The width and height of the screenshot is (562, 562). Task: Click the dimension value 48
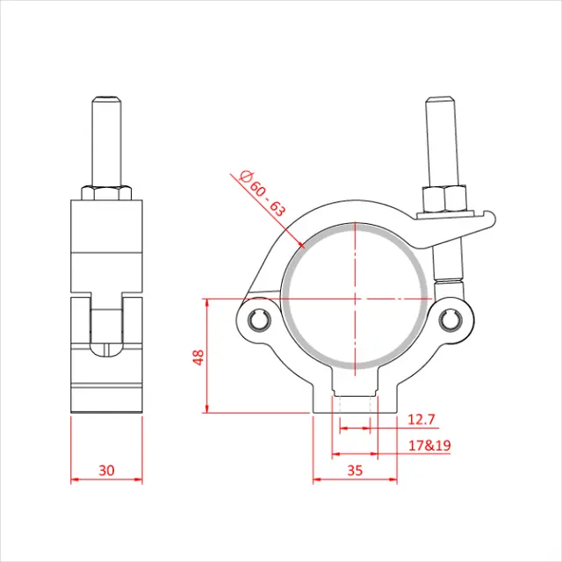tap(198, 357)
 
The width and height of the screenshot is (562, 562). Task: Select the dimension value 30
tap(106, 470)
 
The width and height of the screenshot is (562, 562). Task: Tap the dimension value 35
tap(355, 470)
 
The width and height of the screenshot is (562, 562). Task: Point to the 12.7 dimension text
tap(421, 421)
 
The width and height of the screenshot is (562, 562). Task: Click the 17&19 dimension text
tap(430, 446)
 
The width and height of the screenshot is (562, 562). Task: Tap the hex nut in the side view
tap(106, 192)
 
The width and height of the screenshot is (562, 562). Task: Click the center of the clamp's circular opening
tap(355, 299)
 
